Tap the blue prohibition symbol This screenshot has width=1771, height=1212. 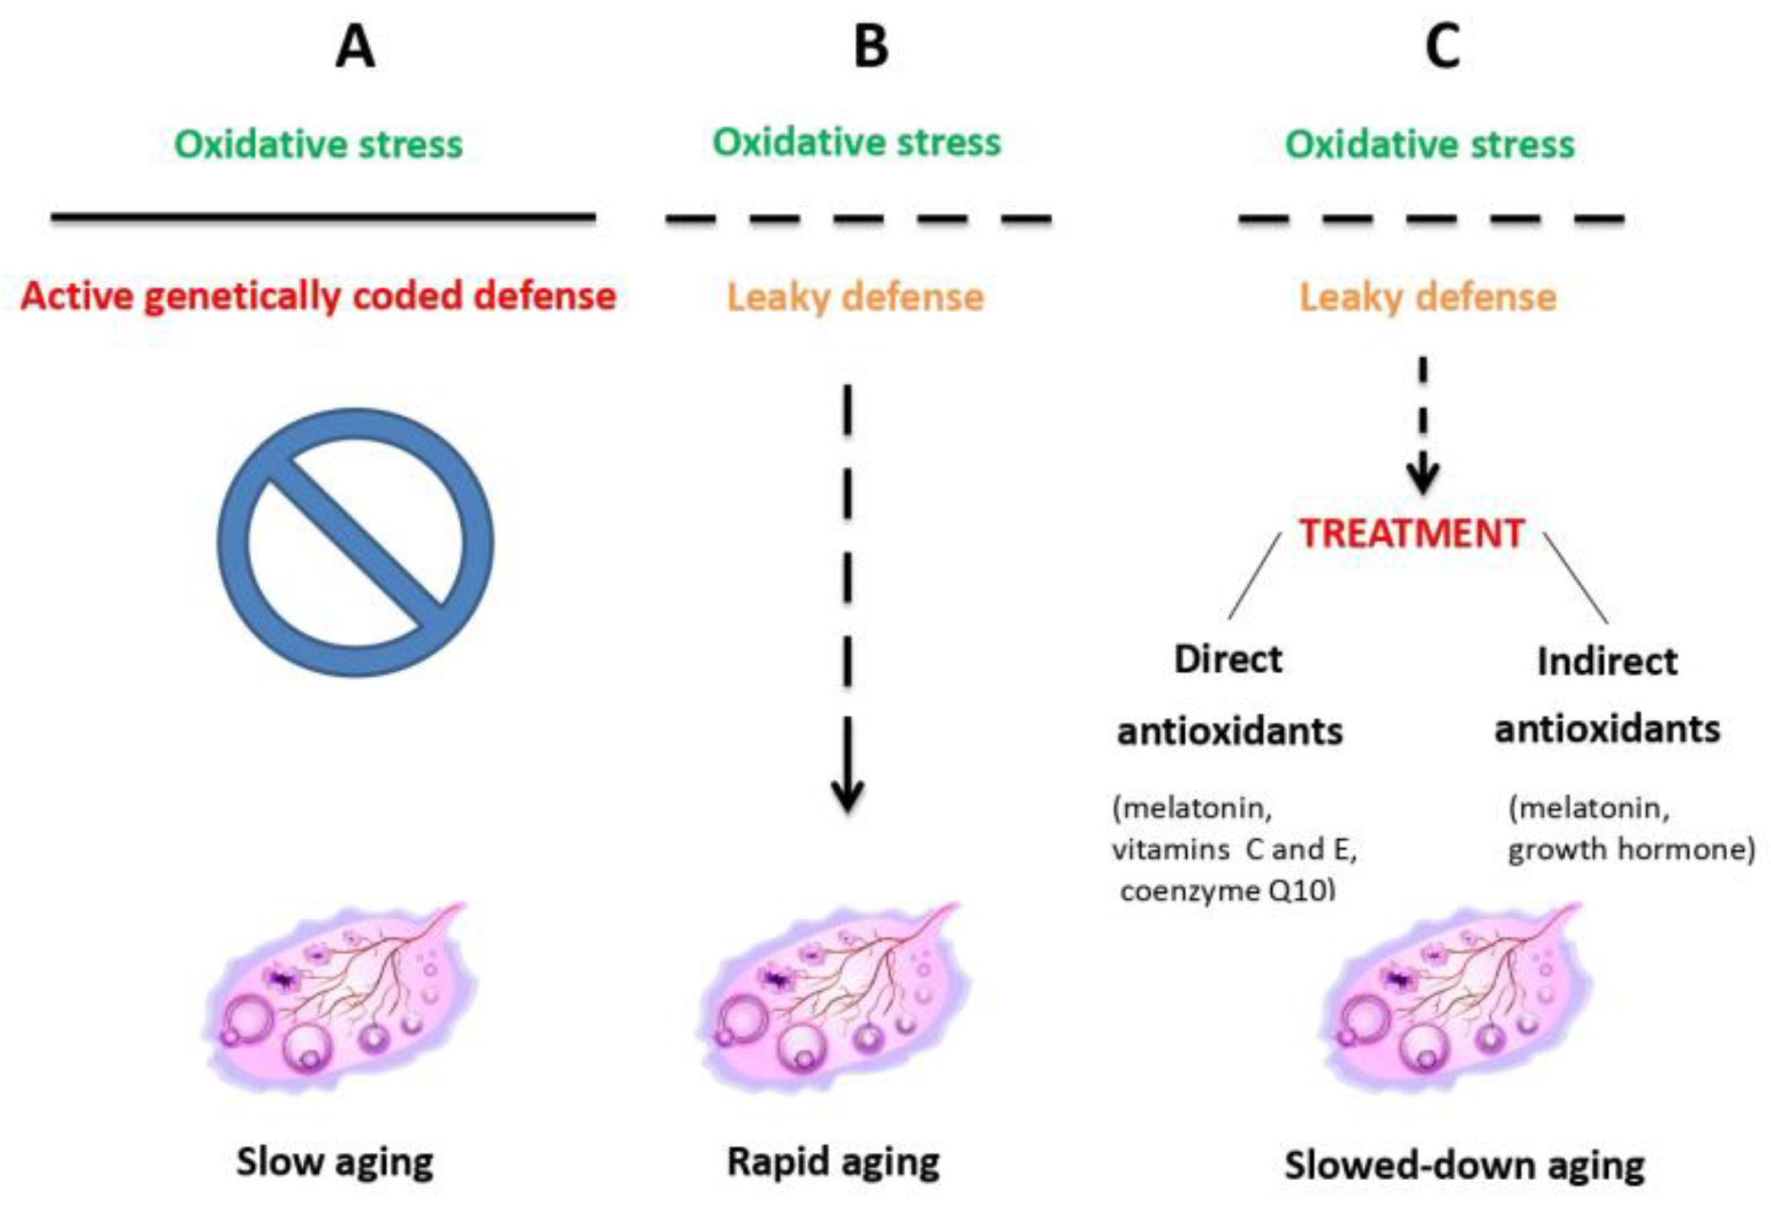[x=355, y=542]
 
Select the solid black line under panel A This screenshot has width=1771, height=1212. [x=323, y=217]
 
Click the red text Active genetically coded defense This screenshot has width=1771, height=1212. [x=318, y=296]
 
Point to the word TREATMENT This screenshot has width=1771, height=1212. [x=1411, y=533]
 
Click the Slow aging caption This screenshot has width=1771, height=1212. [x=334, y=1162]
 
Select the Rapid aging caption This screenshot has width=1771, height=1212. [x=833, y=1162]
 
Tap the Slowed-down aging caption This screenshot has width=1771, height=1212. [x=1464, y=1166]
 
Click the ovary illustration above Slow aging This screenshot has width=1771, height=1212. [x=338, y=996]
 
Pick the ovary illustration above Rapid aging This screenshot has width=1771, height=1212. [x=831, y=996]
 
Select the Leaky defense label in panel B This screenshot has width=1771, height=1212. [x=855, y=297]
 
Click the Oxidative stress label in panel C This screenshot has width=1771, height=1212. [x=1429, y=144]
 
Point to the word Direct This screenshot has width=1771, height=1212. [x=1227, y=659]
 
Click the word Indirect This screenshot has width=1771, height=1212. [x=1607, y=662]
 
